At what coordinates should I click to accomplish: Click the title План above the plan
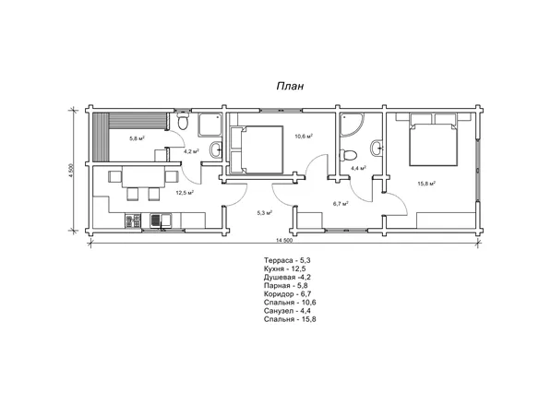click(x=290, y=86)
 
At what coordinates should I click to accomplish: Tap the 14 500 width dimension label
click(x=284, y=241)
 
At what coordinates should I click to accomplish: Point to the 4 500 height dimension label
click(x=71, y=171)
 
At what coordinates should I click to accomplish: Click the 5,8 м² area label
click(x=137, y=138)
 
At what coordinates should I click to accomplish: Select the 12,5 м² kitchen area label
click(x=185, y=193)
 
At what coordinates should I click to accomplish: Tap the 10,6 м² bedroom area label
click(x=304, y=136)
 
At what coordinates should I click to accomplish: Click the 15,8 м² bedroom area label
click(x=426, y=184)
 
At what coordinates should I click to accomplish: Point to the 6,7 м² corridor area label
click(x=341, y=204)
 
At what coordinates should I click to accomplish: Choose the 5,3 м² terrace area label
click(x=265, y=213)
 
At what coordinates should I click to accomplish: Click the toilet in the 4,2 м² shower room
click(x=183, y=121)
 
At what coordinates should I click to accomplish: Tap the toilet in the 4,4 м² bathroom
click(x=348, y=155)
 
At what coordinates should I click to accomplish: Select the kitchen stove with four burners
click(x=133, y=220)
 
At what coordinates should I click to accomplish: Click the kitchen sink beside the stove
click(x=161, y=220)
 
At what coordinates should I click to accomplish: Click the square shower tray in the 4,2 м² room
click(x=210, y=125)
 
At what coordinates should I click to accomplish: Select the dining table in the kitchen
click(x=144, y=177)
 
